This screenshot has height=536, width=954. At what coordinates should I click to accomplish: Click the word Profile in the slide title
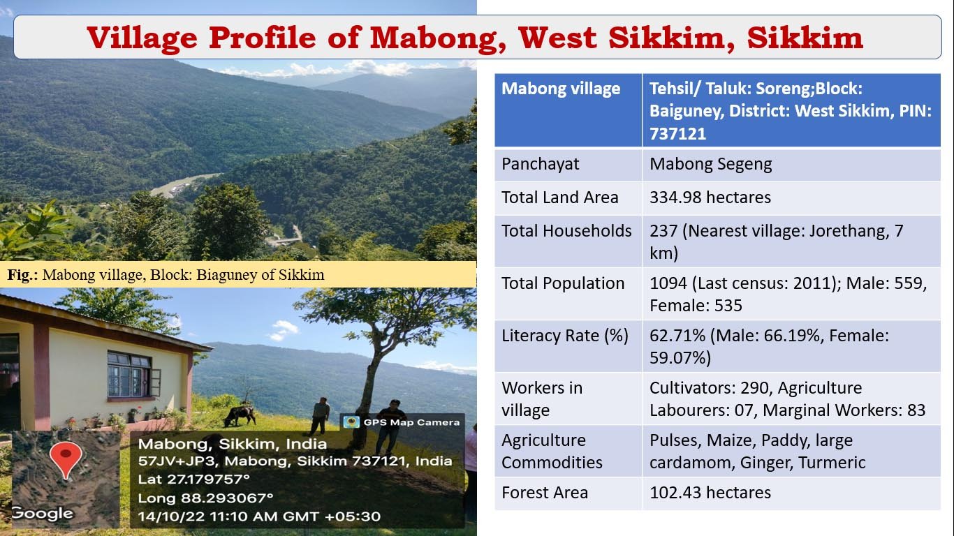(x=263, y=38)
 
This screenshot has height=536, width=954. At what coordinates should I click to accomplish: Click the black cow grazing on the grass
(x=240, y=415)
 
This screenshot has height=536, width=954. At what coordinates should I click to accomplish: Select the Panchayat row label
(x=540, y=164)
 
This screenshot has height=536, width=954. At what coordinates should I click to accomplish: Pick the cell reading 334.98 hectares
(x=710, y=198)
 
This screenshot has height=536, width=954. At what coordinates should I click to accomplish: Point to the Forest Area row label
(x=545, y=493)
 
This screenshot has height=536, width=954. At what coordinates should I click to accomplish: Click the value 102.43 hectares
(x=710, y=493)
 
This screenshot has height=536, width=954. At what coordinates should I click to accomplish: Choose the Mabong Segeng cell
(x=710, y=164)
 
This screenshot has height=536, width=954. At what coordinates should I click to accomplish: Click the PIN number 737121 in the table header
(x=677, y=134)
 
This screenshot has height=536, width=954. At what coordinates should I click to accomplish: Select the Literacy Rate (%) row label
(x=565, y=336)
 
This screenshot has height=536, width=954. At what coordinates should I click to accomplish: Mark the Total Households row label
(x=566, y=231)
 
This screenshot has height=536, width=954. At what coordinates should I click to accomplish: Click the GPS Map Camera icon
(x=351, y=422)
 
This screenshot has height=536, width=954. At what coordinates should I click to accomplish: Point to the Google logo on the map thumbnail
(x=43, y=514)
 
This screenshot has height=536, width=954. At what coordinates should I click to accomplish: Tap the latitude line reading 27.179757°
(x=193, y=479)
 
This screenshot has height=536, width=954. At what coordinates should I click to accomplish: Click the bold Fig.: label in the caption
(x=22, y=275)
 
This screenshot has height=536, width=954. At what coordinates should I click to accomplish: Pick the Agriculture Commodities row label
(x=552, y=452)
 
